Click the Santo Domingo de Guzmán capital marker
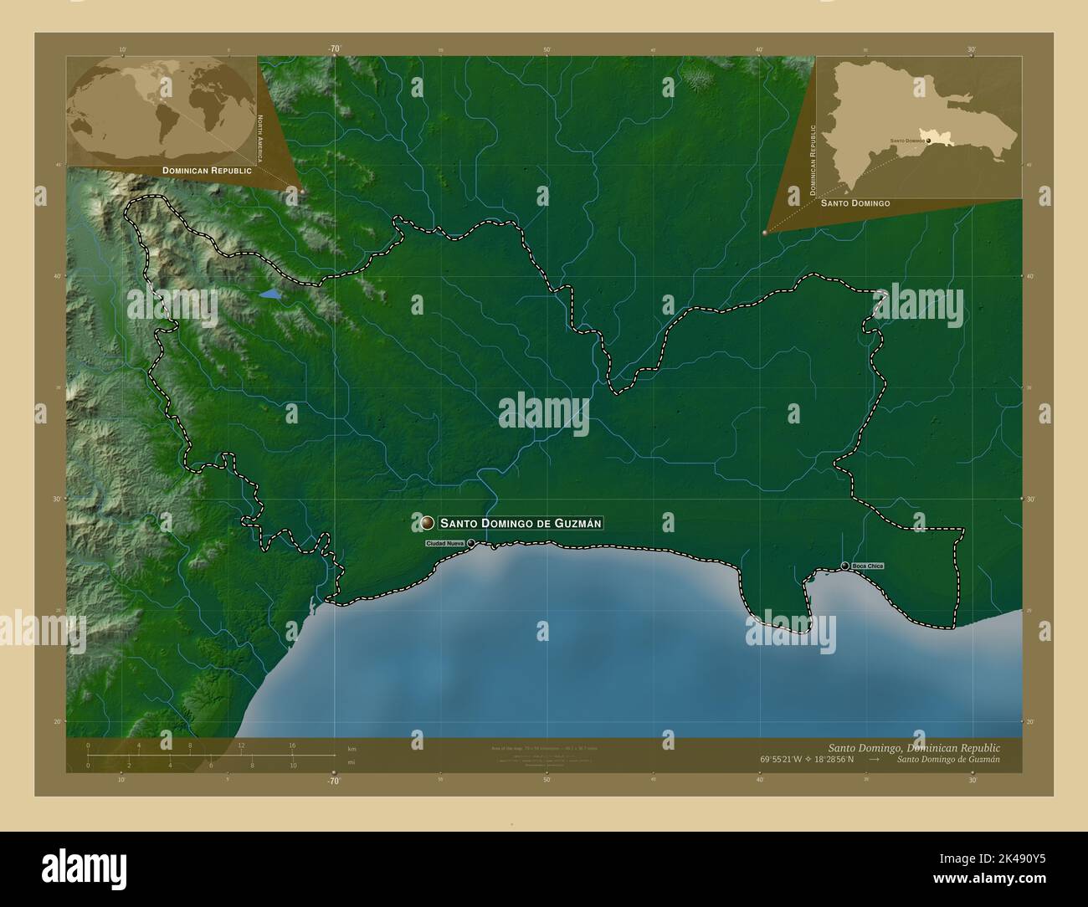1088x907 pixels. [x=428, y=523]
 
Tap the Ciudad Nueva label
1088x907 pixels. [x=444, y=544]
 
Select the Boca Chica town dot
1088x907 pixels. [x=845, y=566]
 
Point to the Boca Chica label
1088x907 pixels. [x=866, y=566]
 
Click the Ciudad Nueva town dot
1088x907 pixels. [x=471, y=544]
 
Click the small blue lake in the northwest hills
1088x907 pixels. [x=270, y=295]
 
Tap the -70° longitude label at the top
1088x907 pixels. [x=334, y=49]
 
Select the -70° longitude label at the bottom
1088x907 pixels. [x=334, y=781]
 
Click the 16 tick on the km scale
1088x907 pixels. [x=292, y=744]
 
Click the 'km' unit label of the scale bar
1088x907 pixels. [x=352, y=748]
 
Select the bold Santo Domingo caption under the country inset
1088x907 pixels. [x=854, y=203]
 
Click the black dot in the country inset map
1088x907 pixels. [x=929, y=141]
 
